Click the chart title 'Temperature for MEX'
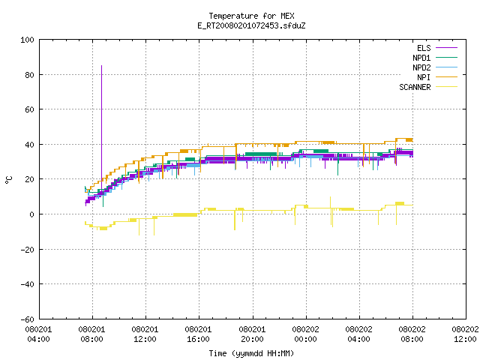[x=251, y=16]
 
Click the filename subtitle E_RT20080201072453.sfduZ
[x=251, y=25]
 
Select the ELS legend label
[x=424, y=48]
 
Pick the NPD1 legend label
[x=421, y=58]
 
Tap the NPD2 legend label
[x=421, y=67]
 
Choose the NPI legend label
[x=424, y=77]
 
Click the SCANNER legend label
[x=415, y=87]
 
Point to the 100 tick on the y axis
[x=27, y=40]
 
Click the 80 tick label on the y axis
[x=30, y=75]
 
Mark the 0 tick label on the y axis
[x=31, y=214]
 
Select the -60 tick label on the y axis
[x=27, y=319]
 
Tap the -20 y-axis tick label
[x=27, y=250]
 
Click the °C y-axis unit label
[x=8, y=180]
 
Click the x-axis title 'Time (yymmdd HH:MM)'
[x=251, y=353]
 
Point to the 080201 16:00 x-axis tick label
[x=198, y=334]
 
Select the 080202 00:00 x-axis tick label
[x=305, y=334]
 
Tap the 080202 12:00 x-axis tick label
[x=465, y=334]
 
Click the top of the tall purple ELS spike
[x=102, y=65]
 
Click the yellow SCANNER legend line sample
[x=447, y=87]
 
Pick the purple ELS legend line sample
[x=447, y=48]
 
